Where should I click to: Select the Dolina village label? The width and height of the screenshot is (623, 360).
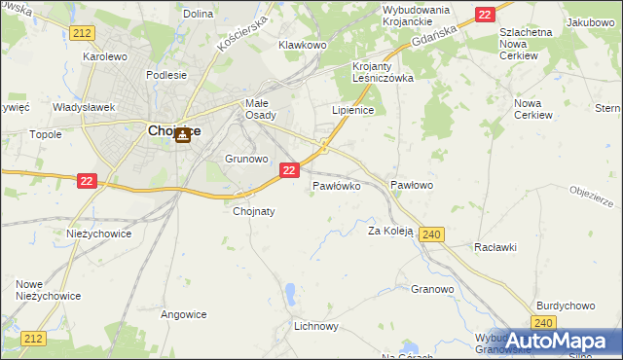click(198, 14)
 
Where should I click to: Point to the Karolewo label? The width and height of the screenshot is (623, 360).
click(106, 56)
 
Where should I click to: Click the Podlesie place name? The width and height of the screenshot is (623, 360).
click(165, 75)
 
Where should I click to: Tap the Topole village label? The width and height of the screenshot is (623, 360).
click(46, 134)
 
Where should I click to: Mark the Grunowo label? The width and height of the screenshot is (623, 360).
click(245, 158)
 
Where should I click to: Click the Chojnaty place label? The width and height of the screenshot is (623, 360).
click(254, 211)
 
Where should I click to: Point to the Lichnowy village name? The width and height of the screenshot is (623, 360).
click(316, 326)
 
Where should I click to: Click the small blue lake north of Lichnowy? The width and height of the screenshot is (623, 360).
click(291, 291)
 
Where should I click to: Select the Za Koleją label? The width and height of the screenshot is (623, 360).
click(390, 232)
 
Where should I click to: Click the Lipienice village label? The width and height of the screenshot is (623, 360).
click(353, 111)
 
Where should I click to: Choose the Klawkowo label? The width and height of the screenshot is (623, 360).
click(302, 45)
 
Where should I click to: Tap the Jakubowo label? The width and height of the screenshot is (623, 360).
click(591, 21)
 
